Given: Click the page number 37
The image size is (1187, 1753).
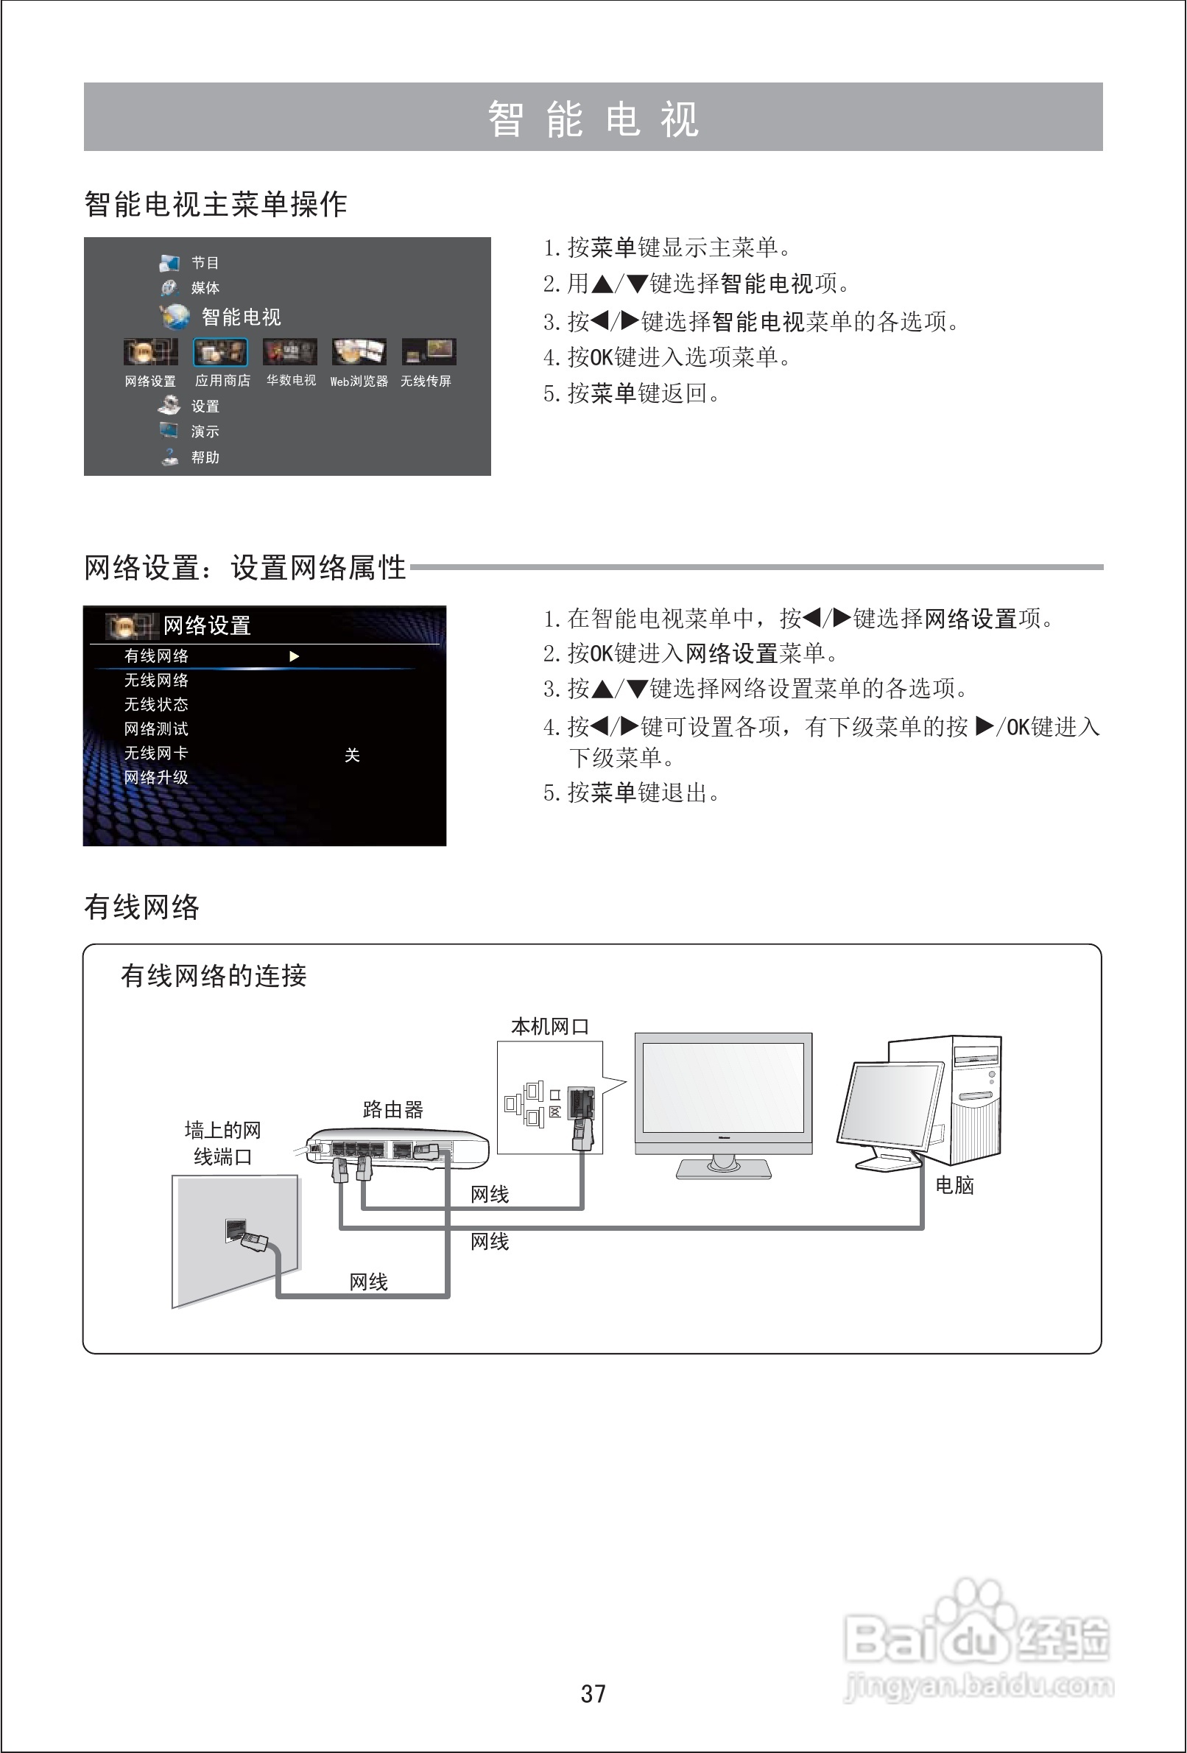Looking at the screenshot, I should (593, 1693).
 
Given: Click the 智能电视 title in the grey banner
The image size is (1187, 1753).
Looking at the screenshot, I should (593, 119).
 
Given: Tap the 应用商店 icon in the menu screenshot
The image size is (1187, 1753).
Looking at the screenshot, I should (220, 352).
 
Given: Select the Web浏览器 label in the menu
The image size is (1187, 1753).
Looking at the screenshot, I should (359, 382).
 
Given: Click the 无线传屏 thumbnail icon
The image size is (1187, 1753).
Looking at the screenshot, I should (429, 351).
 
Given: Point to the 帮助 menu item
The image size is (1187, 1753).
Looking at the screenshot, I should (205, 457).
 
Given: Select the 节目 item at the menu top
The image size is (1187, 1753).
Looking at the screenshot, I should (205, 262).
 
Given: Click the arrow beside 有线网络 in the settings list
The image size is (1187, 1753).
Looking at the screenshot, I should (294, 656).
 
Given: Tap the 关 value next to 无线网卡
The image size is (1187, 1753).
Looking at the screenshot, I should (351, 755).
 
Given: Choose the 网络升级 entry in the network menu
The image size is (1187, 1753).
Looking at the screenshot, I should (156, 778).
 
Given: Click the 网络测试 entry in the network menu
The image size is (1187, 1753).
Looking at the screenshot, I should (156, 728).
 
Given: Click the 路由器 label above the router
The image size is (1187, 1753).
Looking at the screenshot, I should (393, 1109).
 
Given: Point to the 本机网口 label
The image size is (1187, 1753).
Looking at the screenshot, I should (549, 1027).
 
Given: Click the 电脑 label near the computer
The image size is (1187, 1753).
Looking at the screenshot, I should (954, 1185).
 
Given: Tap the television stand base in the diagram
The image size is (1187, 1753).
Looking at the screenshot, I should (723, 1169).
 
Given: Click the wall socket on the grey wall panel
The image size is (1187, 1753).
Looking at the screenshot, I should (235, 1230).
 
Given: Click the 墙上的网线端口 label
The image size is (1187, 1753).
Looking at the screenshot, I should (222, 1143).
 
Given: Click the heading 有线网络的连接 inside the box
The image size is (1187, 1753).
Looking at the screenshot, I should (214, 976).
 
